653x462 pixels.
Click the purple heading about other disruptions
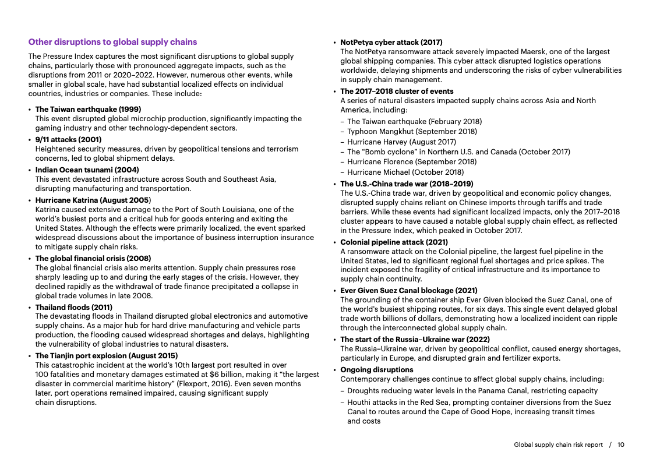click(x=112, y=42)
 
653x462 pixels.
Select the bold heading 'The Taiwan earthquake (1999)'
click(x=88, y=109)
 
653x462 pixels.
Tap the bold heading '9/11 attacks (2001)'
click(x=68, y=139)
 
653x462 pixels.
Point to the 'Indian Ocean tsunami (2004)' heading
click(x=87, y=170)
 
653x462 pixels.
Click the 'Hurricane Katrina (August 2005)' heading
click(x=93, y=200)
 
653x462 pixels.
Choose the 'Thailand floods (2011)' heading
click(x=74, y=307)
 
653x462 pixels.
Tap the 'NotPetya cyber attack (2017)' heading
click(x=391, y=43)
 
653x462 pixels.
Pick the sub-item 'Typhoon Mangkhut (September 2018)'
click(x=412, y=131)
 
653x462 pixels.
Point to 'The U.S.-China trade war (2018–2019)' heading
click(x=407, y=184)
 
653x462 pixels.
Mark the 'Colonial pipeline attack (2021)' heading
click(x=394, y=242)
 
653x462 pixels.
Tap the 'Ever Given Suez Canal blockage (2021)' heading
click(x=409, y=290)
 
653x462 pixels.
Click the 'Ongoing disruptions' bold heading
click(x=377, y=369)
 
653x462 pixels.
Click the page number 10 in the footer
click(x=621, y=445)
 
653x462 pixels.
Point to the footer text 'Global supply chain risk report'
click(x=558, y=445)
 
